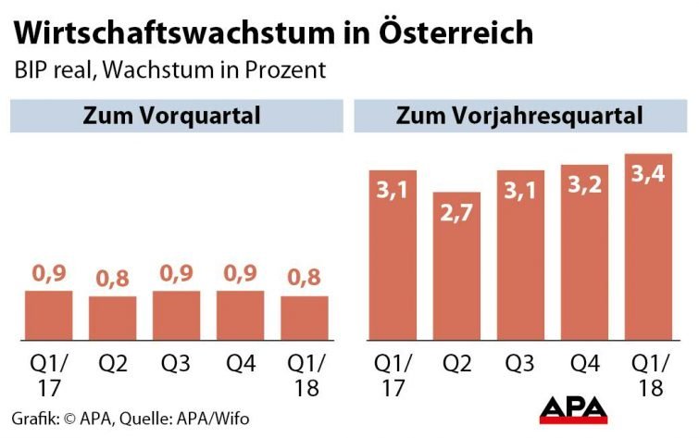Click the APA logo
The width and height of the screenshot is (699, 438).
pos(573,408)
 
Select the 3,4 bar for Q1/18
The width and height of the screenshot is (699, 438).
pos(648,250)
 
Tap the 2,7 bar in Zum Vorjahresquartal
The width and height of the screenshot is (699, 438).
pos(456,269)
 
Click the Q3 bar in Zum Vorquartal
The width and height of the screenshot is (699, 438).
pos(176,315)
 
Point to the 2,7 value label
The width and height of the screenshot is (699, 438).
pos(456,214)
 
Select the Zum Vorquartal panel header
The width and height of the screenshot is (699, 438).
pos(171,116)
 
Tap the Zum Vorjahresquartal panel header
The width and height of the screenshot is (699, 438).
pos(520,116)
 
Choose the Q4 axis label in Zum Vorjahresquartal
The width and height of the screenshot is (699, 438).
pos(584,362)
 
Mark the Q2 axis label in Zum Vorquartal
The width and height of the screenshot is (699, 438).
pos(112,362)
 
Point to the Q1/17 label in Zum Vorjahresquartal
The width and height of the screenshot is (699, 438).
pos(393,374)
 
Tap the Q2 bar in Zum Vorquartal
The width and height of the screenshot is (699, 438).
pos(112,318)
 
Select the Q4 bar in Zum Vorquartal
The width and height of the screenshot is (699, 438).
pos(240,315)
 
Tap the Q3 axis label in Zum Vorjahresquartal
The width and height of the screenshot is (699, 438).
pos(520,362)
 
